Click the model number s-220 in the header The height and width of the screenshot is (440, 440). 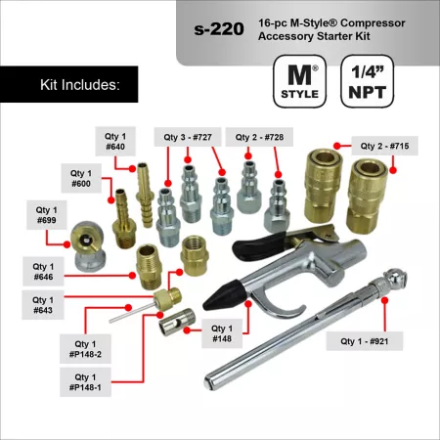219,29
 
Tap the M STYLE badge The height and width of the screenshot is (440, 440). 299,81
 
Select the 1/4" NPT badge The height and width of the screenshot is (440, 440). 368,81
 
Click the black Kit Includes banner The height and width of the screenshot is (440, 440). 69,84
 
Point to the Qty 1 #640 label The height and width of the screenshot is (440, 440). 115,142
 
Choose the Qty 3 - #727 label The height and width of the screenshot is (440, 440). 188,137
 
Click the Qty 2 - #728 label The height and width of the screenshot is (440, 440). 259,137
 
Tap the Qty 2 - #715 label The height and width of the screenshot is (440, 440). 384,146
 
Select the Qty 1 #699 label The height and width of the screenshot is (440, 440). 47,215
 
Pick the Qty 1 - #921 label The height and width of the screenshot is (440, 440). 365,341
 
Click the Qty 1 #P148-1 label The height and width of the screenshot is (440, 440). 85,382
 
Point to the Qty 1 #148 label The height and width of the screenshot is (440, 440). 222,333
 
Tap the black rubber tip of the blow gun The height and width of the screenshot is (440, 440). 218,295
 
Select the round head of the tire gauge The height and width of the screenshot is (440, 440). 395,279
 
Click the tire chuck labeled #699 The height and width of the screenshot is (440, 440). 88,246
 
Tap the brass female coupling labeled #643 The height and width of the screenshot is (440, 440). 195,255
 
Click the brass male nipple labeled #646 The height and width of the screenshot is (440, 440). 149,267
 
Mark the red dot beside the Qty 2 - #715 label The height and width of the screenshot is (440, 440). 337,146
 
